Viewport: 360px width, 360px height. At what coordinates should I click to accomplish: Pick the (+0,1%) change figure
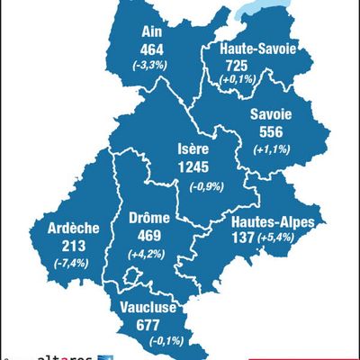tap(240, 82)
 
